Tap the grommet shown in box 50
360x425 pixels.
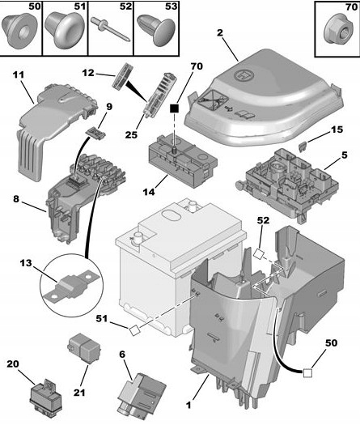[22, 31]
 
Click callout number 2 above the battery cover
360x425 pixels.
[219, 33]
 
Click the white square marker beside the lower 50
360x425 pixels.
[308, 373]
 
